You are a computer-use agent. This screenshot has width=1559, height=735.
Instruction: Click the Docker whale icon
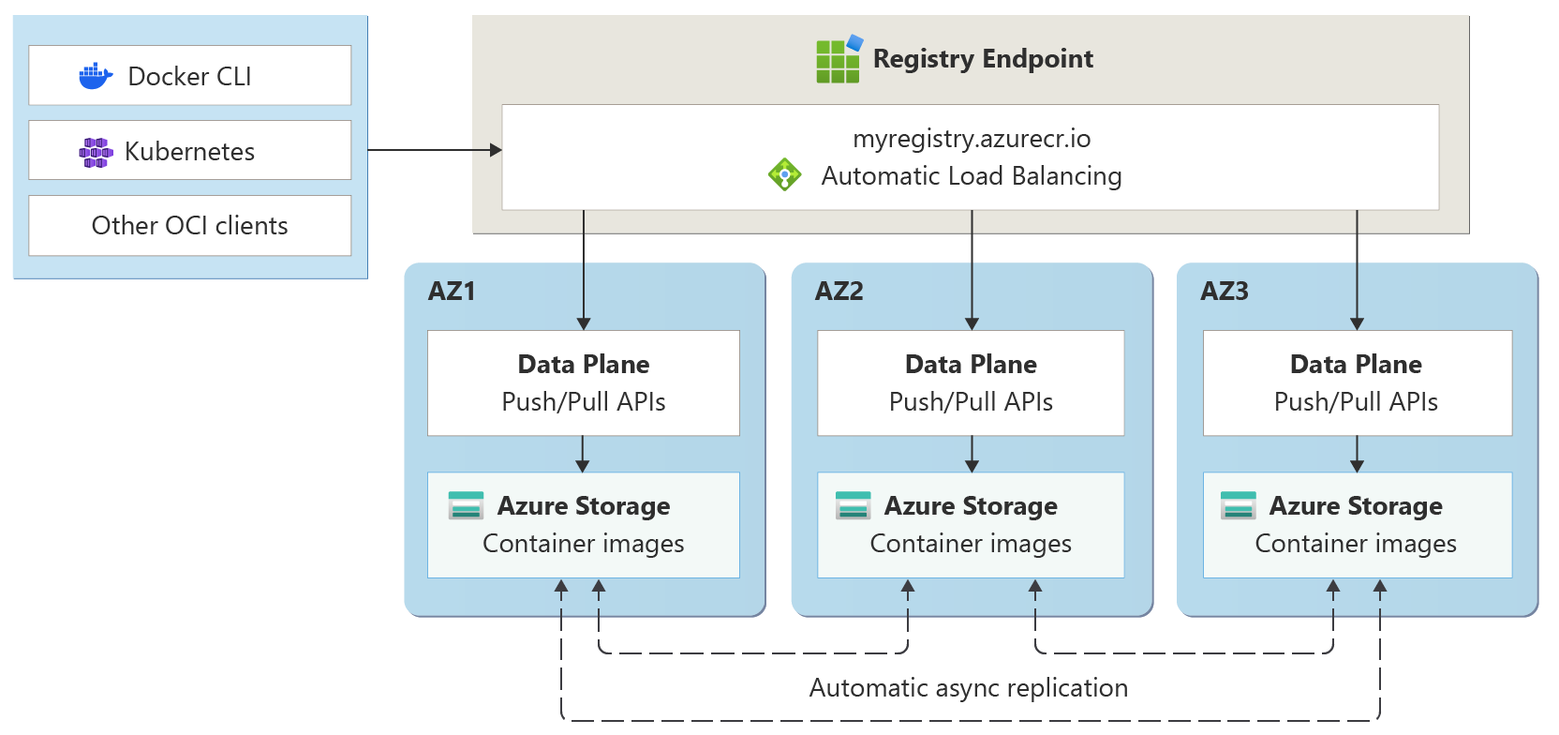coord(96,76)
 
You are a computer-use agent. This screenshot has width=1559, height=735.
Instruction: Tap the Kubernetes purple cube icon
coord(96,152)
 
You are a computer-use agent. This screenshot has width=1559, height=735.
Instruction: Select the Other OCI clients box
coord(189,226)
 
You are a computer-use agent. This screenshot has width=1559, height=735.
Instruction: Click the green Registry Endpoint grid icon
coord(839,60)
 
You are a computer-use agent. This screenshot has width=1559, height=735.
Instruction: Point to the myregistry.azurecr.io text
coord(972,139)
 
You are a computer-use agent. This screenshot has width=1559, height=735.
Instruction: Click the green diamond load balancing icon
coord(784,174)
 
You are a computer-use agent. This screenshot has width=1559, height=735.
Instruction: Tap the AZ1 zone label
coord(452,292)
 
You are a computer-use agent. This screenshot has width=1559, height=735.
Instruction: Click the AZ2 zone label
coord(839,292)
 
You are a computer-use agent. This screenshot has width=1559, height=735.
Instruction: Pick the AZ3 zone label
coord(1225,292)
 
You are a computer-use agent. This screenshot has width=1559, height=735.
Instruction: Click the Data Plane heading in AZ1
coord(584,365)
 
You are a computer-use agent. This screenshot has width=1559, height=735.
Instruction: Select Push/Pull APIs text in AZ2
coord(971,402)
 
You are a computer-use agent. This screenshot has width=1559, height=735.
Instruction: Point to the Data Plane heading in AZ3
coord(1356,365)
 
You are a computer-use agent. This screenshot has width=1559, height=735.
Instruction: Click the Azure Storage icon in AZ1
coord(467,505)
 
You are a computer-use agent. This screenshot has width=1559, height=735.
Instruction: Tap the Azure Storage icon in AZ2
coord(854,505)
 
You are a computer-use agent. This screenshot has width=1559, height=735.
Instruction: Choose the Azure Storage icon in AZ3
coord(1239,505)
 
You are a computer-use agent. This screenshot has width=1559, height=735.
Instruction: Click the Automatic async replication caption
coord(969,688)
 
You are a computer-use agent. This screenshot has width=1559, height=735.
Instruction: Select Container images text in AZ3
coord(1356,544)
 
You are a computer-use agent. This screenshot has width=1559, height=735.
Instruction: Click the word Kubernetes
coord(189,152)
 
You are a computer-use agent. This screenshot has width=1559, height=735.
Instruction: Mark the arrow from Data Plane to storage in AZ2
coord(972,454)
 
